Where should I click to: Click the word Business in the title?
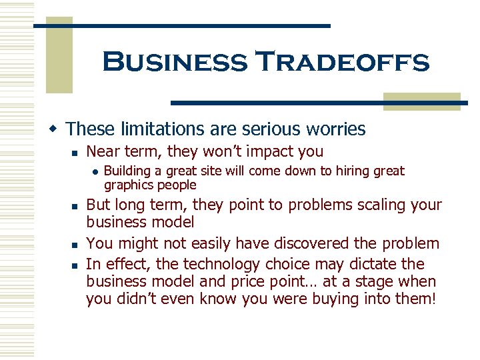point(175,63)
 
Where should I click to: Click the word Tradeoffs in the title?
point(343,63)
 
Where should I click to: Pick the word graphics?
point(129,185)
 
